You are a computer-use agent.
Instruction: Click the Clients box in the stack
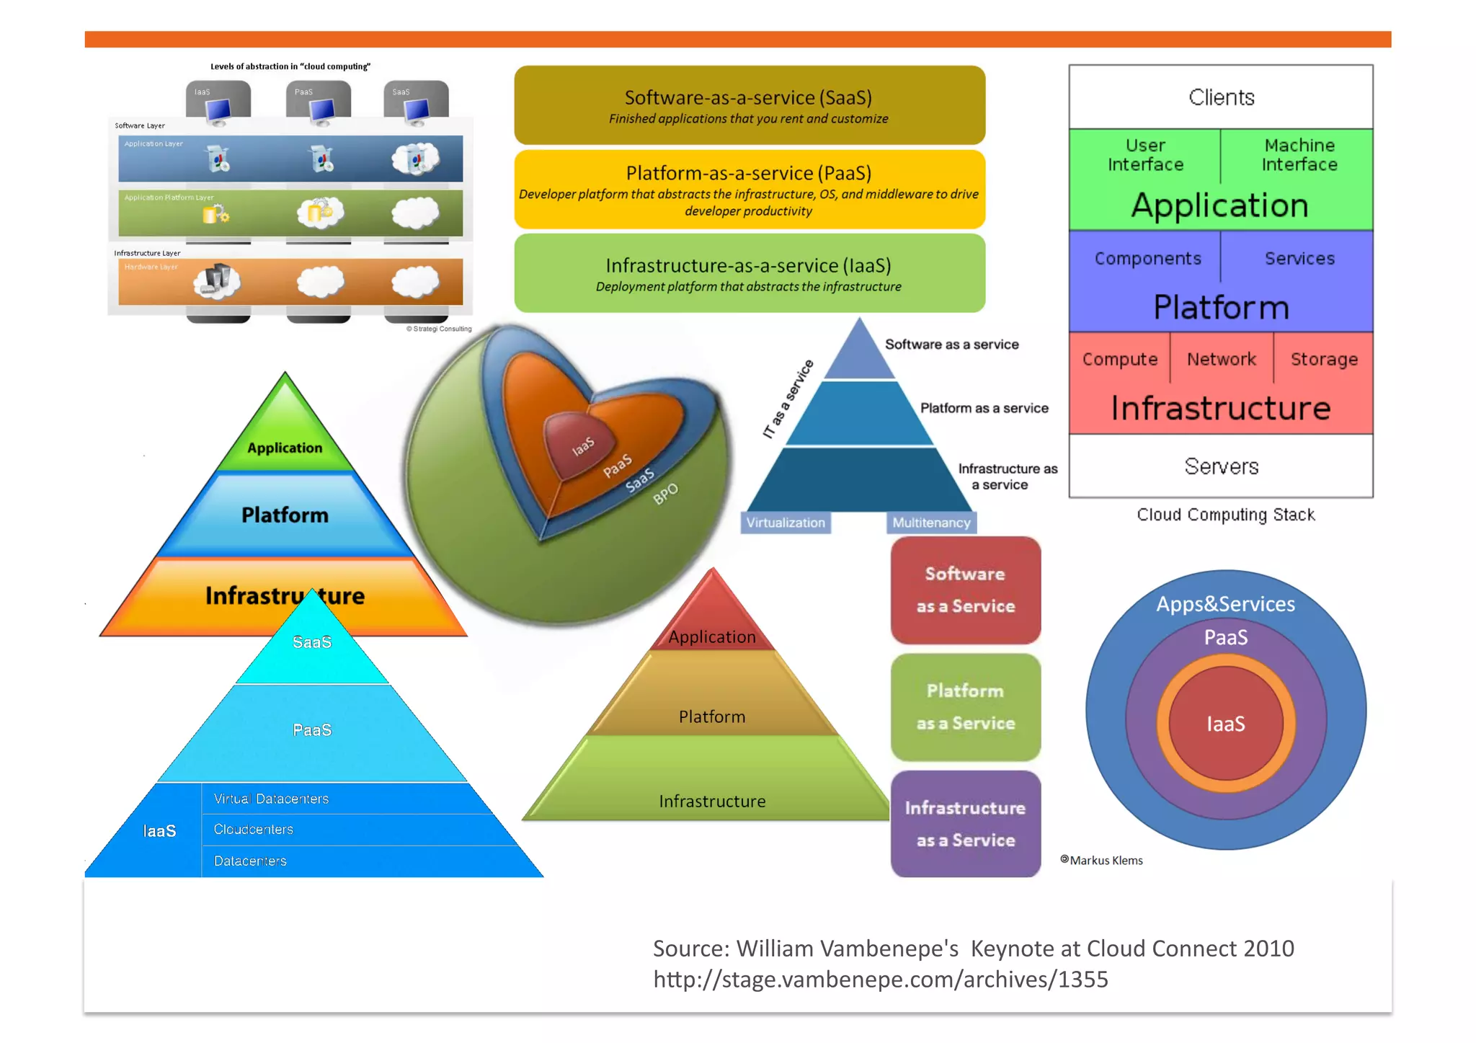(1220, 97)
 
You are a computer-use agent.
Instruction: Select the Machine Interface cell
(1299, 155)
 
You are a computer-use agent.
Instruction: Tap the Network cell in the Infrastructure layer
(1221, 359)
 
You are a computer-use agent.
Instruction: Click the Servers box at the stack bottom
(1220, 466)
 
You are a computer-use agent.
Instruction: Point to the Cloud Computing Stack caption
(1225, 515)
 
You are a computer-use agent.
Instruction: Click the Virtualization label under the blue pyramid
(785, 523)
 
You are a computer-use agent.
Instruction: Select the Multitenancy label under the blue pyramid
(930, 523)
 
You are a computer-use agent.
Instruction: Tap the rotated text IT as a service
(788, 399)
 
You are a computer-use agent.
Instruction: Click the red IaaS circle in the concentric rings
(1225, 724)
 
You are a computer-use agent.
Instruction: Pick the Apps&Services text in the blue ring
(1225, 604)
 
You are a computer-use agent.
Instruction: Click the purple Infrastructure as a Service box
(965, 824)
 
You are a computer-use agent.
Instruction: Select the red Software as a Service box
(965, 590)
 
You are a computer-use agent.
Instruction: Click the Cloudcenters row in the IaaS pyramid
(254, 830)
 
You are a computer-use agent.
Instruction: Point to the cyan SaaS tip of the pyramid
(312, 642)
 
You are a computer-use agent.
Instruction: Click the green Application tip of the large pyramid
(285, 440)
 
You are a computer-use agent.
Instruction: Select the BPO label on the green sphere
(665, 494)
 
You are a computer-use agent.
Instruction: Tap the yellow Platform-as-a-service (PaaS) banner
(749, 190)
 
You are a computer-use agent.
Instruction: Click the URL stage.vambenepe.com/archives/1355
(880, 980)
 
